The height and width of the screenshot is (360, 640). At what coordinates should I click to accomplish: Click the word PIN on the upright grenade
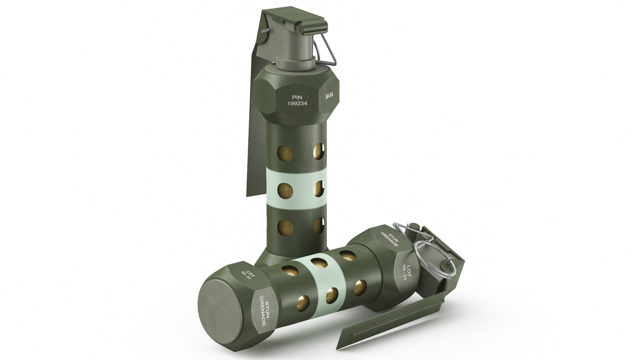(297, 97)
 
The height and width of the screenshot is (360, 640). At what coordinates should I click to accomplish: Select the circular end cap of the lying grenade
(220, 310)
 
